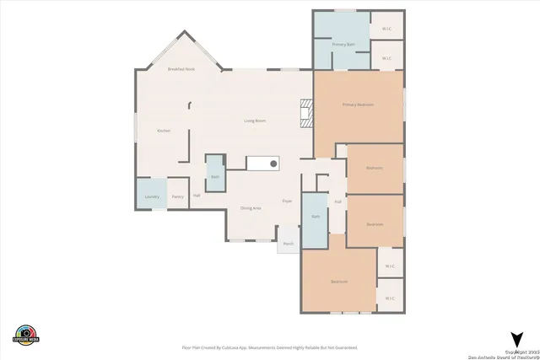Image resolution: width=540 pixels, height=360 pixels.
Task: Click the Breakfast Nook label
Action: (x=181, y=69)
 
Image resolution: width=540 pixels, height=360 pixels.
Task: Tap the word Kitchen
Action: (x=164, y=131)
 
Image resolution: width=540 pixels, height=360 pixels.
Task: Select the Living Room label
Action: (x=255, y=121)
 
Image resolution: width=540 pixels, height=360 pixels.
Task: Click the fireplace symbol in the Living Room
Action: (x=307, y=113)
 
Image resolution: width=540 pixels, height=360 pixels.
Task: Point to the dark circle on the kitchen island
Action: (x=273, y=163)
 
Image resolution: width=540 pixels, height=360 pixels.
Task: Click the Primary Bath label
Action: (x=343, y=44)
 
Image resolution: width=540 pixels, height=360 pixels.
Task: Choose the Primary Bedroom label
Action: (x=358, y=105)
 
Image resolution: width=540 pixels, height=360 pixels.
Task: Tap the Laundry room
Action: (x=152, y=196)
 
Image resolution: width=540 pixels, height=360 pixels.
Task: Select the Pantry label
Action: (x=178, y=196)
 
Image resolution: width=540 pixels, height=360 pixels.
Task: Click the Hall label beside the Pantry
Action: (x=197, y=196)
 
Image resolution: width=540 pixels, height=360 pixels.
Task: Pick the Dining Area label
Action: (x=251, y=207)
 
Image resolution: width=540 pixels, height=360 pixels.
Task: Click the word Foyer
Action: (x=287, y=201)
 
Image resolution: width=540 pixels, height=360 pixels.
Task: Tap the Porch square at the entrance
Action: (x=288, y=243)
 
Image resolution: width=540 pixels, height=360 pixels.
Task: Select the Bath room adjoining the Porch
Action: (x=316, y=218)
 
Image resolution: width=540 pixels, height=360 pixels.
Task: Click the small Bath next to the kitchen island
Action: (x=215, y=176)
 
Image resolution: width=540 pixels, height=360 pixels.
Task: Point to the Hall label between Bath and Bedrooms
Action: (x=337, y=201)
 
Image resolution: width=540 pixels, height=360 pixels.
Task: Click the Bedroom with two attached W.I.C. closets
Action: (x=339, y=281)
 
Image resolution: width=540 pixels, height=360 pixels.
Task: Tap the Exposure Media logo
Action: (x=26, y=334)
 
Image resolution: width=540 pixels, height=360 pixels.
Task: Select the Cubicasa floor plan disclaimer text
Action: (x=270, y=347)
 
